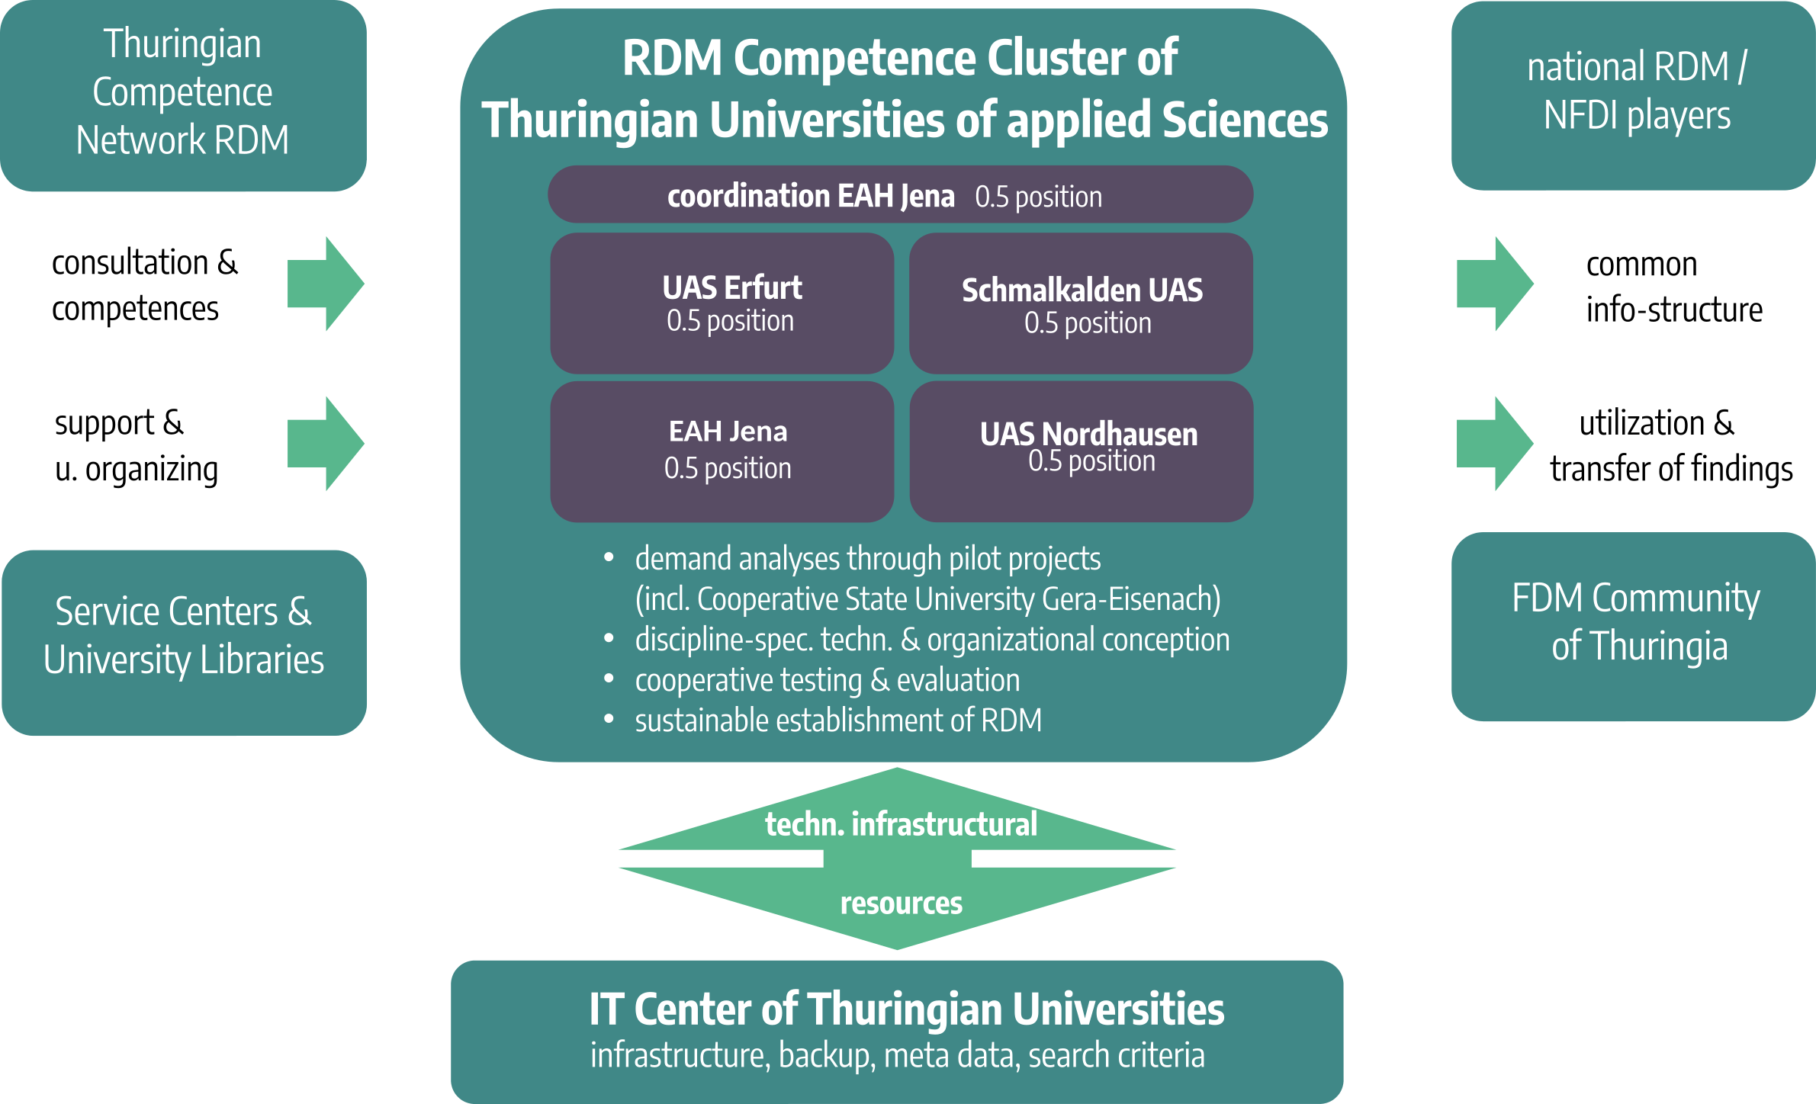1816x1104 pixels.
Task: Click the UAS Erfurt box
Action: coord(722,303)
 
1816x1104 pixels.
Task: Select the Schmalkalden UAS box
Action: coord(1081,303)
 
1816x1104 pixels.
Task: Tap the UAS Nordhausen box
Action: coord(1081,451)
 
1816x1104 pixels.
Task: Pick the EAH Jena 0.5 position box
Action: coord(722,451)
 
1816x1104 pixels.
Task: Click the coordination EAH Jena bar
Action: coord(900,195)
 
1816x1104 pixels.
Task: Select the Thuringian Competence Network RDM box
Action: coord(183,95)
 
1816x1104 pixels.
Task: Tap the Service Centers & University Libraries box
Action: coord(184,642)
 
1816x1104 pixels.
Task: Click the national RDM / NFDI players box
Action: coord(1633,95)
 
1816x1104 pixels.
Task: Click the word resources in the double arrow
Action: coord(901,903)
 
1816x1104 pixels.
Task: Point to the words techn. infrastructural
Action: coord(901,824)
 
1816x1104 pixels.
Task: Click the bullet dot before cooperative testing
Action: coord(609,678)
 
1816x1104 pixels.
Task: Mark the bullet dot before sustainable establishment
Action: coord(609,718)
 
